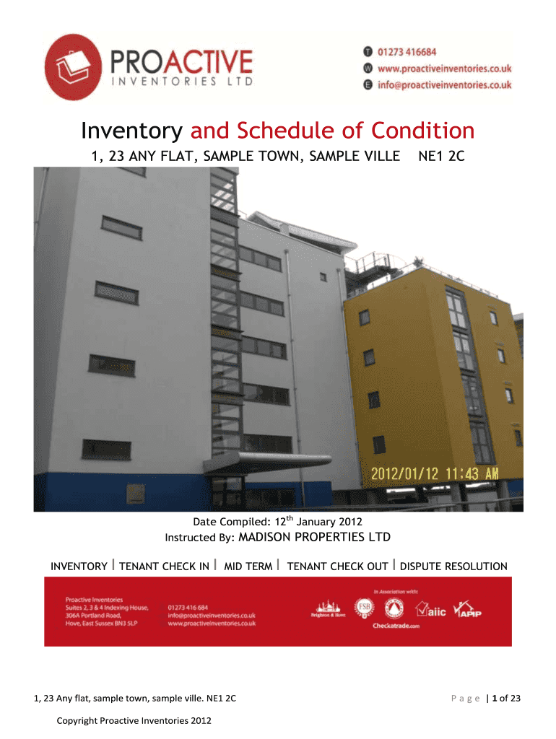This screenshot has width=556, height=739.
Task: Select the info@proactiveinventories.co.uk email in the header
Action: coord(444,84)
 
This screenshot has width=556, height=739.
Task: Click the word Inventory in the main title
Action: coord(131,131)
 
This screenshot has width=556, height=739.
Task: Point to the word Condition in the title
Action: coord(423,131)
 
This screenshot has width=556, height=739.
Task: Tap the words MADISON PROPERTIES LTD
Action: coord(314,537)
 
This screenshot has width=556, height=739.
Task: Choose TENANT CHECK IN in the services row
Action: coord(164,567)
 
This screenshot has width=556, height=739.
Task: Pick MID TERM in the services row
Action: coord(248,567)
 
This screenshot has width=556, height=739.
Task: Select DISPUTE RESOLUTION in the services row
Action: coord(453,567)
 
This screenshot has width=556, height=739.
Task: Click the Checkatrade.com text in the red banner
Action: coord(396,626)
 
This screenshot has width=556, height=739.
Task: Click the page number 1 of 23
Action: coord(505,698)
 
